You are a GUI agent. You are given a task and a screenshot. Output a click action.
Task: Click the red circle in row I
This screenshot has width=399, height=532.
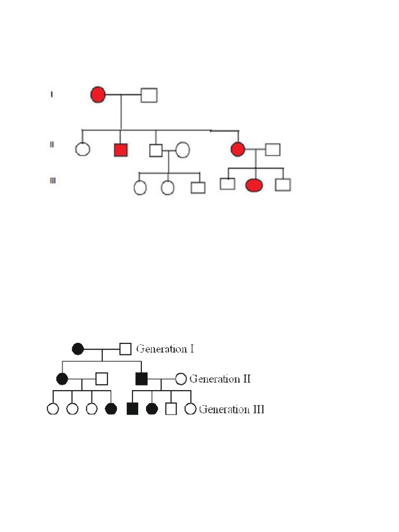[98, 95]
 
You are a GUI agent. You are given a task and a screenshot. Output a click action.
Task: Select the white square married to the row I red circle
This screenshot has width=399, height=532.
[149, 95]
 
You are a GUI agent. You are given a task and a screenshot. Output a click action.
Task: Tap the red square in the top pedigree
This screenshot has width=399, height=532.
[121, 150]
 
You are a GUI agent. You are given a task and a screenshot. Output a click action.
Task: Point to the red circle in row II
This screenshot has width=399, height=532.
[237, 149]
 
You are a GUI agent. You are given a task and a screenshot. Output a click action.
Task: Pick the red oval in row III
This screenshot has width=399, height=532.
[254, 184]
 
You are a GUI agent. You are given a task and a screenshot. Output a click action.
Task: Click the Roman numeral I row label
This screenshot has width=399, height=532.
[51, 94]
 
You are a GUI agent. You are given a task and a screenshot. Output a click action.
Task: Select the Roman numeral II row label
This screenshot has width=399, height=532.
[52, 144]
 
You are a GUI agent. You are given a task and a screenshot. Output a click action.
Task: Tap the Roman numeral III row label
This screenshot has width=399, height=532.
[52, 181]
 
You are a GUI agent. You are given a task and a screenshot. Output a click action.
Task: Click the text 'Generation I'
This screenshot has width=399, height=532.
[165, 349]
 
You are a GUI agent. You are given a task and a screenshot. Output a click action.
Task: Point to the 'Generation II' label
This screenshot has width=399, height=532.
[220, 379]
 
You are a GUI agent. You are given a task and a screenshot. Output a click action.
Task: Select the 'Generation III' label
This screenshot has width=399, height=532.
[232, 409]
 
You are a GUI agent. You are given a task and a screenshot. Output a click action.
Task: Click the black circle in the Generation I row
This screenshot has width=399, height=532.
[78, 349]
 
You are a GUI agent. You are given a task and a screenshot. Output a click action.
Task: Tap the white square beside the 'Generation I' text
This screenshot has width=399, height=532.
[125, 349]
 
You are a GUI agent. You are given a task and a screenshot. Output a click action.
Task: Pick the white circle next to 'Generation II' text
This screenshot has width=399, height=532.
[180, 379]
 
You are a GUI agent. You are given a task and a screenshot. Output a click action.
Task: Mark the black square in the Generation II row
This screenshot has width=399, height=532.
[141, 379]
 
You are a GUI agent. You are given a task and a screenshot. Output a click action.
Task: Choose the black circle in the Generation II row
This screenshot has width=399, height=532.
[62, 379]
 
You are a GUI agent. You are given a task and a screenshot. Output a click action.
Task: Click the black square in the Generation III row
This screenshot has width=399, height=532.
[132, 409]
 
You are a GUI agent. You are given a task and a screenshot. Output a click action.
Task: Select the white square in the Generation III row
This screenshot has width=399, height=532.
[171, 409]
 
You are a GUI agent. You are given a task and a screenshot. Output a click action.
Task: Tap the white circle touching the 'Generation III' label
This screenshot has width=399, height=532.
[191, 409]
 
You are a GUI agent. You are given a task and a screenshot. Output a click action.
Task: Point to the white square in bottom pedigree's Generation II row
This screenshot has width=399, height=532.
[102, 379]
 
